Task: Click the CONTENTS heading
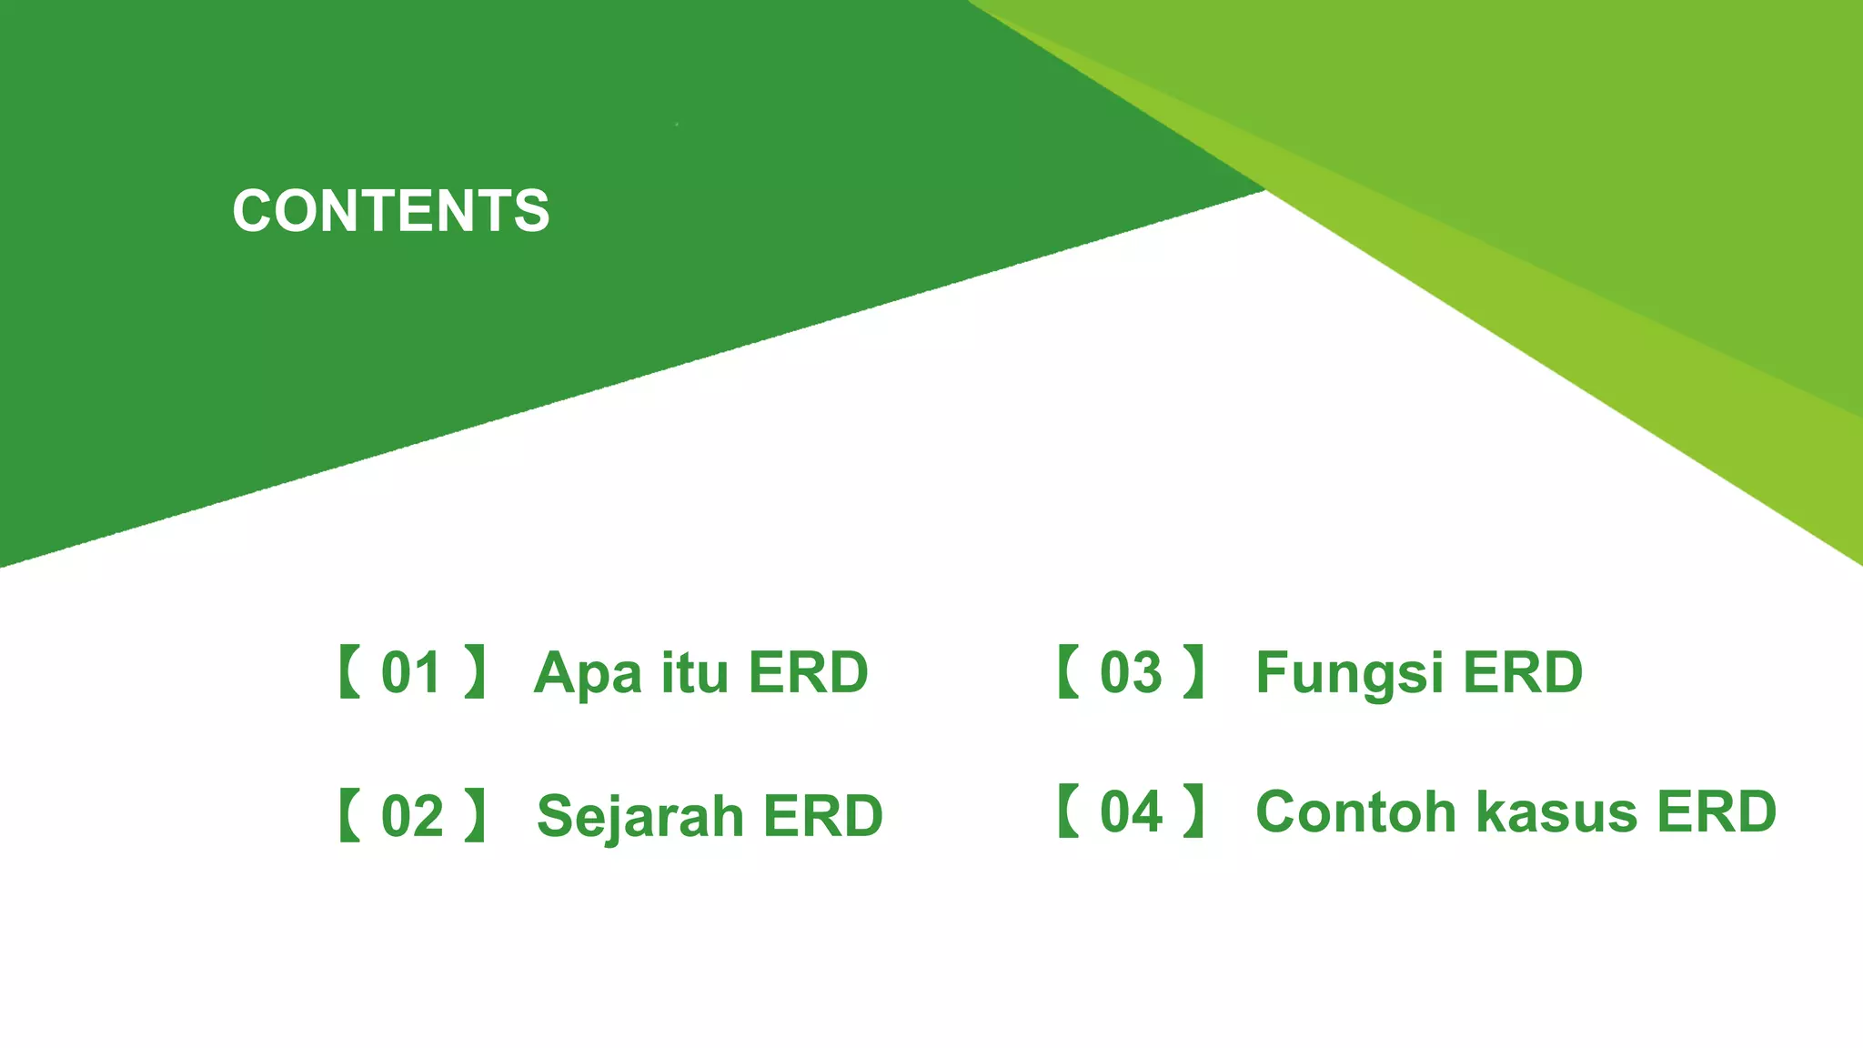(x=391, y=211)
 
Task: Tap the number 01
(x=411, y=673)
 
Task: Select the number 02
(x=412, y=816)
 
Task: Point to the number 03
(x=1131, y=673)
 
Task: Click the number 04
(x=1131, y=811)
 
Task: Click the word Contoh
(x=1356, y=811)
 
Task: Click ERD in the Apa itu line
(x=808, y=673)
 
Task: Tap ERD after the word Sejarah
(x=822, y=816)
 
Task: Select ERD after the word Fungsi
(x=1523, y=673)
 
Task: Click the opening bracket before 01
(x=349, y=672)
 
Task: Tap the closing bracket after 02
(x=475, y=816)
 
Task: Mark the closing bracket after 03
(x=1193, y=672)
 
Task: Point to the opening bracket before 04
(x=1068, y=811)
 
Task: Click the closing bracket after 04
(x=1193, y=811)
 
